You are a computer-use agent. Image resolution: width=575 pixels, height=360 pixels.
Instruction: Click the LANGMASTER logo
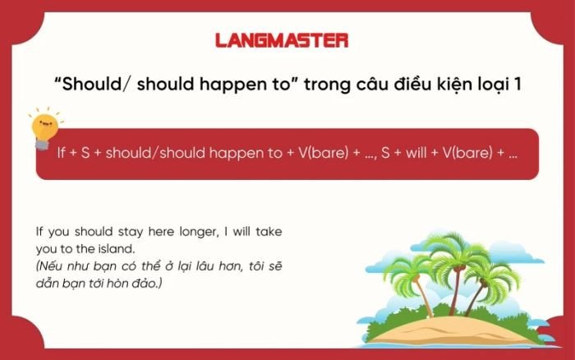point(282,39)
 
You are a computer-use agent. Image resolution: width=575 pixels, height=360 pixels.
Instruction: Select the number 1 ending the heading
point(517,85)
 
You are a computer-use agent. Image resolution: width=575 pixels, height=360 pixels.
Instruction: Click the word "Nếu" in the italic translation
point(51,266)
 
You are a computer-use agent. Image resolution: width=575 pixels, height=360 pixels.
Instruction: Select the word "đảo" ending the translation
point(151,283)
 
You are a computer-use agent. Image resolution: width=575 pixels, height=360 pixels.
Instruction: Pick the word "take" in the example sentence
point(267,232)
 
